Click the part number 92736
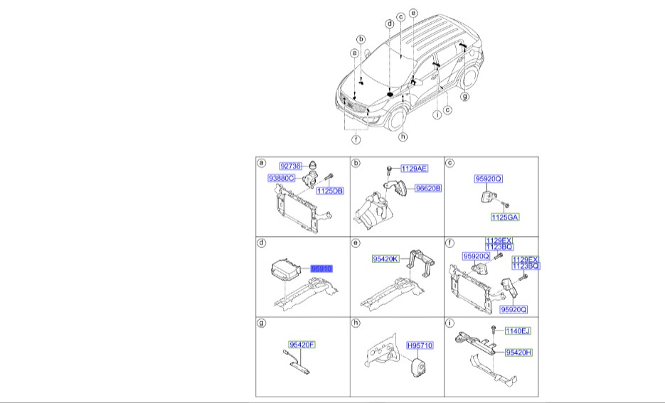click(x=292, y=164)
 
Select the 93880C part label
click(x=282, y=178)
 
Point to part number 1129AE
click(x=414, y=168)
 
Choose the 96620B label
click(x=427, y=188)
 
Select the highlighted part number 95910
click(x=321, y=269)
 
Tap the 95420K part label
click(x=385, y=260)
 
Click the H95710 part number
click(x=420, y=345)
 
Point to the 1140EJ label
click(x=518, y=331)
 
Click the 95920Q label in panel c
click(x=489, y=181)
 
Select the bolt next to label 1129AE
click(x=390, y=169)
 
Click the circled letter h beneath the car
click(x=403, y=136)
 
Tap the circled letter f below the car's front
click(x=356, y=140)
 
